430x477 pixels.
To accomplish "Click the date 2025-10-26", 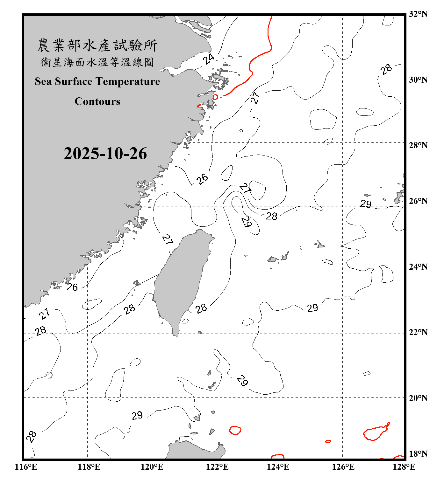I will tap(105, 154).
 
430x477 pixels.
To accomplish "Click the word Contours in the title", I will tap(97, 101).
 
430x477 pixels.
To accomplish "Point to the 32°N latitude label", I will tap(418, 14).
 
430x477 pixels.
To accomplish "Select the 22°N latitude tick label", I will tap(418, 332).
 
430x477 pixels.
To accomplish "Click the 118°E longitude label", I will tap(89, 467).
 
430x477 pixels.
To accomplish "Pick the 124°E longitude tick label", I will tap(278, 467).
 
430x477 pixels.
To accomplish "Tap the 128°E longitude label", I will tap(404, 467).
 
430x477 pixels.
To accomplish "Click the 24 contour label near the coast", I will tap(209, 59).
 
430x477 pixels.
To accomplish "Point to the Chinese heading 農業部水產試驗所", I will tap(97, 45).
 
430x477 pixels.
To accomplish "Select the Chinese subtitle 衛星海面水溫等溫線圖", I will tap(97, 62).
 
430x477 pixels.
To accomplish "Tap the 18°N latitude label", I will tap(418, 454).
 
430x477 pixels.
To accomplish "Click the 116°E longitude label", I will tap(26, 467).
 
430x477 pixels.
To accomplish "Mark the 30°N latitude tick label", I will tap(418, 79).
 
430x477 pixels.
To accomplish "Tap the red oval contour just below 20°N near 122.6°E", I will tap(235, 430).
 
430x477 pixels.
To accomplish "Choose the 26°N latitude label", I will tap(418, 201).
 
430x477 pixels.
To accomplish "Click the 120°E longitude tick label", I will tap(152, 467).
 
